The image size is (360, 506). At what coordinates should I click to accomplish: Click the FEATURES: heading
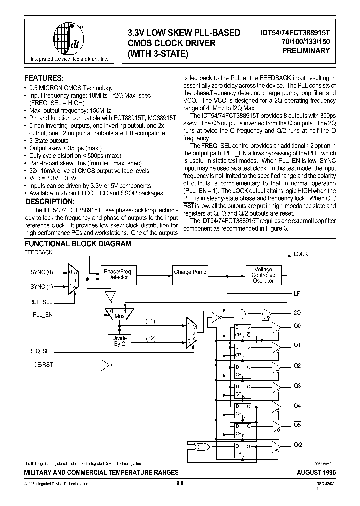click(x=44, y=79)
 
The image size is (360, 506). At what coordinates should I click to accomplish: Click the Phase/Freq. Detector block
click(x=118, y=274)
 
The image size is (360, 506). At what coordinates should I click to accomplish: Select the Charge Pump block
click(x=190, y=272)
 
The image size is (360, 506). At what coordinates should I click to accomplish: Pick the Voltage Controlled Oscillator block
click(x=263, y=275)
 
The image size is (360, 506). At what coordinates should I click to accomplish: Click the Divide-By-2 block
click(x=119, y=341)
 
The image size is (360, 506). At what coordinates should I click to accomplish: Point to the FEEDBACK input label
click(x=38, y=253)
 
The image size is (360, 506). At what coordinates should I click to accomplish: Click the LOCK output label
click(x=301, y=254)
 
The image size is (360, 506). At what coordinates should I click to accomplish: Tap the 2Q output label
click(x=297, y=313)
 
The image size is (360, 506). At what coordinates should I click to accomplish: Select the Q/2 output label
click(x=298, y=445)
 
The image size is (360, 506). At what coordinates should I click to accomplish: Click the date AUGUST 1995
click(x=309, y=471)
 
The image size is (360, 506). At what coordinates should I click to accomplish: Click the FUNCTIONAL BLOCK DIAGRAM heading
click(x=78, y=244)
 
